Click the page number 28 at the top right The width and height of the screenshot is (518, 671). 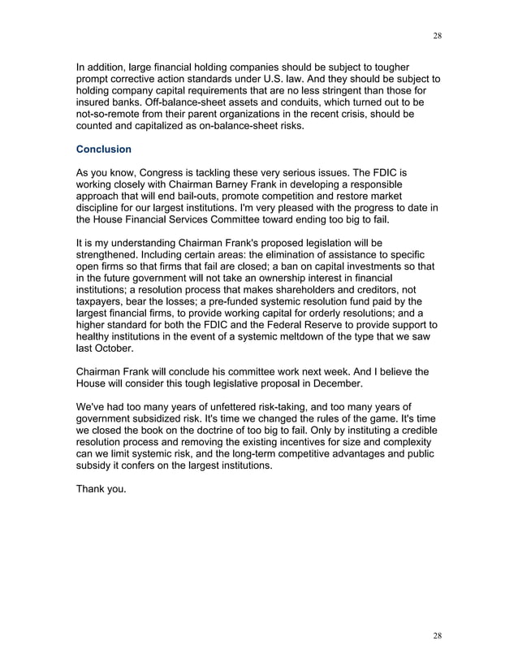click(438, 36)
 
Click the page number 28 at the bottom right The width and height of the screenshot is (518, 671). click(438, 635)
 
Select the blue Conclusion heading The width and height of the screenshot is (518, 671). click(103, 149)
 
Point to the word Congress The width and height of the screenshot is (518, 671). click(158, 173)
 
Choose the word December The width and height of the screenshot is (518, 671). click(328, 383)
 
